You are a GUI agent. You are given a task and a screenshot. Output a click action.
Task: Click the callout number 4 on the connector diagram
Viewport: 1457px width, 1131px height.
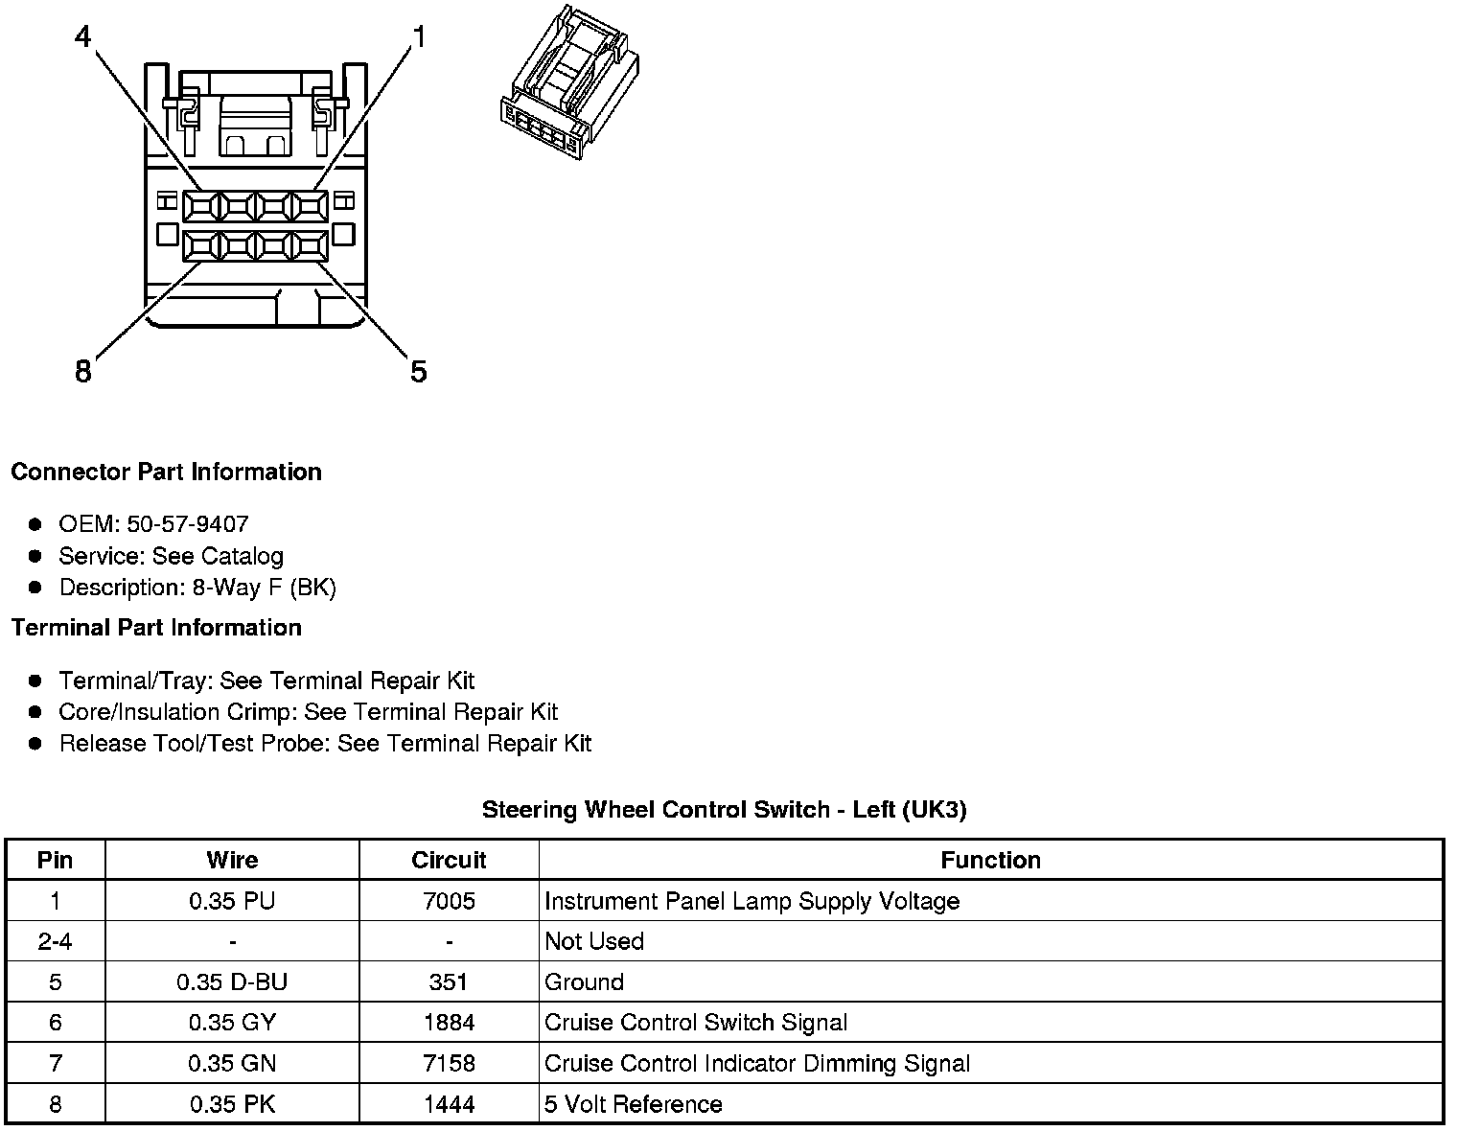(83, 36)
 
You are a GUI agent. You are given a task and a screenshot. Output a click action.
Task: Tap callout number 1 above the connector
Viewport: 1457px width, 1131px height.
(418, 36)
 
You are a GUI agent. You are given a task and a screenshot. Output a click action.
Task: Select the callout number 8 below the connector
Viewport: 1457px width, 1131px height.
(83, 371)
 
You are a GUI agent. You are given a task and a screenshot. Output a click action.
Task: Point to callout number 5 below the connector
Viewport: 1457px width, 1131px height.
(418, 371)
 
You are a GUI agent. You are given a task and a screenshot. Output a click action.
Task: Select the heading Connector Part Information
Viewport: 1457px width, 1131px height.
(166, 472)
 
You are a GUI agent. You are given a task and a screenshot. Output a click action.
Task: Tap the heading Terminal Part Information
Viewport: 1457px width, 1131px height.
(156, 628)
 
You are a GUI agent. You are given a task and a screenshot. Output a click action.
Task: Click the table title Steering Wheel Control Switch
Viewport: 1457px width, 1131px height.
(724, 810)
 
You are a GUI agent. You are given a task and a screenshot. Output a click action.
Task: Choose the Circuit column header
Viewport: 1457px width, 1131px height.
(449, 860)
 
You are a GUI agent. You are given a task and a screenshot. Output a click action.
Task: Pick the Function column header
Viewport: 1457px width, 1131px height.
(990, 860)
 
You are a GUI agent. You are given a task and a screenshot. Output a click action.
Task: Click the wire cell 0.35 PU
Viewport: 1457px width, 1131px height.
(232, 901)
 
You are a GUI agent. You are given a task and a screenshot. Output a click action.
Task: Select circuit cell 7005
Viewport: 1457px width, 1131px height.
(449, 901)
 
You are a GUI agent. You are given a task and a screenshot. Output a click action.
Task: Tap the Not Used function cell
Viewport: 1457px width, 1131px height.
(594, 941)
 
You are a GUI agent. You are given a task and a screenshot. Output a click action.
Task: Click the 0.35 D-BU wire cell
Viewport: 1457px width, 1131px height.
(232, 982)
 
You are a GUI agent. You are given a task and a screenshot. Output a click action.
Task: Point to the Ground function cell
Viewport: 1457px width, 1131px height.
(584, 982)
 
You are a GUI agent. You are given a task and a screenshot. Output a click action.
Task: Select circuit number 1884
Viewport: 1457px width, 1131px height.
(449, 1023)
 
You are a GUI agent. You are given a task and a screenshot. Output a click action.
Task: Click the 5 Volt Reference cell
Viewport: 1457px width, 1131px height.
(633, 1104)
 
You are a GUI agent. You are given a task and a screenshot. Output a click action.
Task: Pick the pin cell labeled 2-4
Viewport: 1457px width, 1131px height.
(55, 941)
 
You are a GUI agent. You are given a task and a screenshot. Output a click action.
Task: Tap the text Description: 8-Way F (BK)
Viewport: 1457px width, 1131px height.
(197, 588)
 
